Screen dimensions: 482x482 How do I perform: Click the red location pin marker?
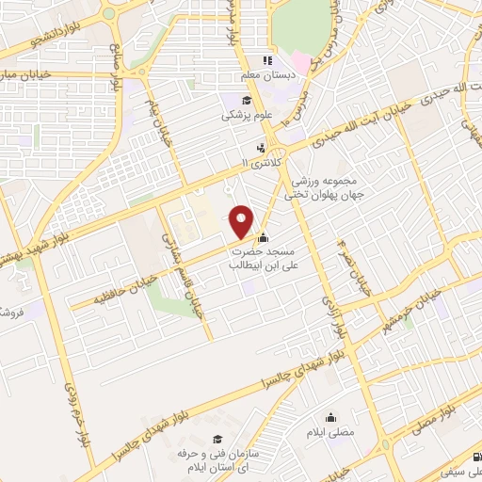coord(242,221)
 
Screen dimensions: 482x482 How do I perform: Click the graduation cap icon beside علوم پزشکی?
coord(247,102)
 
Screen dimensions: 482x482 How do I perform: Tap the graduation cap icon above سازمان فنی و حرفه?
coord(217,439)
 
